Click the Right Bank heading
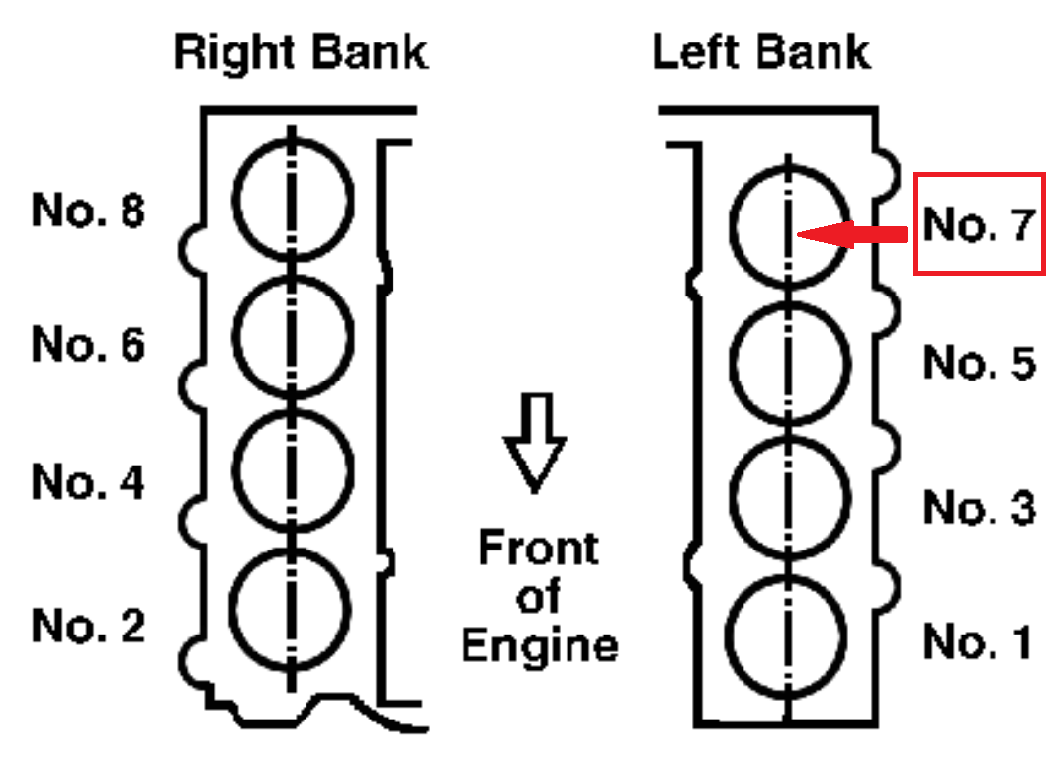[x=301, y=53]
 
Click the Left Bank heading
[x=761, y=52]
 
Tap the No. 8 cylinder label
[x=88, y=211]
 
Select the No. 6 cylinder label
[x=88, y=345]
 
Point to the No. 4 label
[x=88, y=481]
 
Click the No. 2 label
[x=88, y=626]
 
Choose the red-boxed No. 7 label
[x=980, y=224]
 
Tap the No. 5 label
[x=980, y=362]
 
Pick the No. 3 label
[x=980, y=507]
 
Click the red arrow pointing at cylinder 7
[x=852, y=235]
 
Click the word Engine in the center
[x=539, y=645]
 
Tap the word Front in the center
[x=539, y=548]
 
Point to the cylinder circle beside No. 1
[x=727, y=636]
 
